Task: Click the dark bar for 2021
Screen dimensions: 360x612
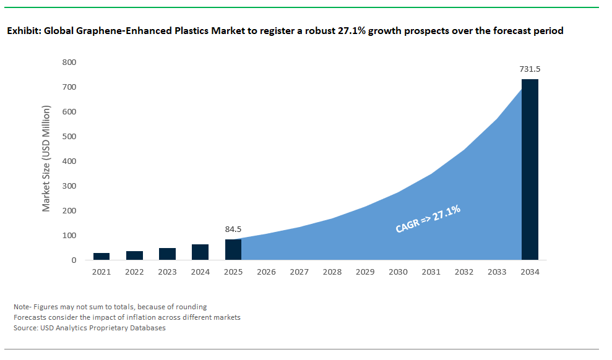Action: tap(101, 256)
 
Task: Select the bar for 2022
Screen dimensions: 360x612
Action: tap(134, 255)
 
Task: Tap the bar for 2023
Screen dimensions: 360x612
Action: tap(167, 254)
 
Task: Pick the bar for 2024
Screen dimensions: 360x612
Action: tap(200, 252)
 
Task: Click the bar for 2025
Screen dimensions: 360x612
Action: tap(233, 249)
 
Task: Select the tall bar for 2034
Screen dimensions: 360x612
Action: tap(530, 169)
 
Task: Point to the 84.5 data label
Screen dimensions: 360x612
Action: tap(233, 229)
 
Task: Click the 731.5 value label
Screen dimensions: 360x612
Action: tap(530, 69)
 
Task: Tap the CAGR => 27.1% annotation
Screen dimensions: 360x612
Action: tap(428, 220)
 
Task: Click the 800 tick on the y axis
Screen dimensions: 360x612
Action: tap(69, 62)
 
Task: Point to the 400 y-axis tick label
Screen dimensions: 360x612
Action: tap(69, 161)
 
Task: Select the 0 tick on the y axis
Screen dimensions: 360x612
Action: tap(74, 260)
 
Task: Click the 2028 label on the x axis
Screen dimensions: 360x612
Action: tap(332, 272)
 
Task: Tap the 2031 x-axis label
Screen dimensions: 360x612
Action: tap(431, 272)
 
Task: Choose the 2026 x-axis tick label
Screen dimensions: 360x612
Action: tap(266, 272)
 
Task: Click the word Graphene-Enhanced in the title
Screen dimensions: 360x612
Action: tap(123, 30)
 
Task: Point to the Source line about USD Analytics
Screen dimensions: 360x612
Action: tap(90, 328)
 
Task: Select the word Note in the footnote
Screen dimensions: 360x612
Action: tap(22, 307)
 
